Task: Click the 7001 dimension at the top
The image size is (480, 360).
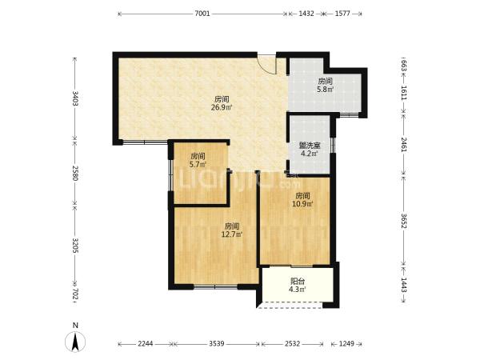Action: (202, 14)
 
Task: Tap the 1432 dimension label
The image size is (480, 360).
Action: (306, 14)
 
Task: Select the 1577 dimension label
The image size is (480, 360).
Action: (342, 14)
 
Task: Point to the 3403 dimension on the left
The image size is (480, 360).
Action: (74, 98)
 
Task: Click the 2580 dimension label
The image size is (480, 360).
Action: (74, 173)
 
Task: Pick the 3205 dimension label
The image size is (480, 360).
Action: (74, 246)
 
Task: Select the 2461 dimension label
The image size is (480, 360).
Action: (404, 145)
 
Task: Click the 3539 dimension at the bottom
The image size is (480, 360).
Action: (217, 343)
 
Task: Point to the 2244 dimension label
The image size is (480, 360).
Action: (145, 343)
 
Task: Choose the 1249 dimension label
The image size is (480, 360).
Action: (346, 343)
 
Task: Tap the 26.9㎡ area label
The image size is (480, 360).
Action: (222, 107)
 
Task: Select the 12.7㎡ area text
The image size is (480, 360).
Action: (232, 234)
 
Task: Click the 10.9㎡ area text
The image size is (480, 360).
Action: (302, 204)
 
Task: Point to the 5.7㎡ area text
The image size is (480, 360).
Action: (198, 164)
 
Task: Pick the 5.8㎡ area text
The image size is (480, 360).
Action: (325, 90)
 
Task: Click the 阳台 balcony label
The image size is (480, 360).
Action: (298, 281)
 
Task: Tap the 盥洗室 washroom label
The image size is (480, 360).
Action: (310, 146)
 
